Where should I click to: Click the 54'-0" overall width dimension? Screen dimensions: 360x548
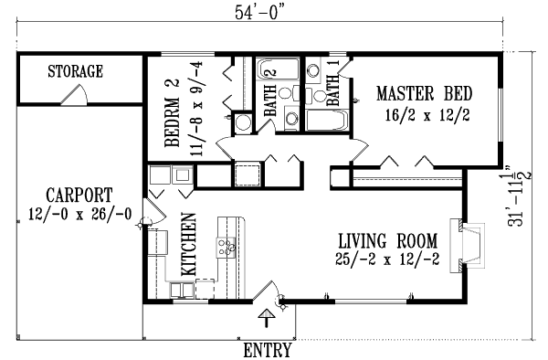(x=259, y=12)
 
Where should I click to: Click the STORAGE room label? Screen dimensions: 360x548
(x=75, y=71)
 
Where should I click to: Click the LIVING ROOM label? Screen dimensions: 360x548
(x=386, y=241)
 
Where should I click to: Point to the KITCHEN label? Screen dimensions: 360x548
(x=190, y=246)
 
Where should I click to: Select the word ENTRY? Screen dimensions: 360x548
(x=268, y=349)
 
